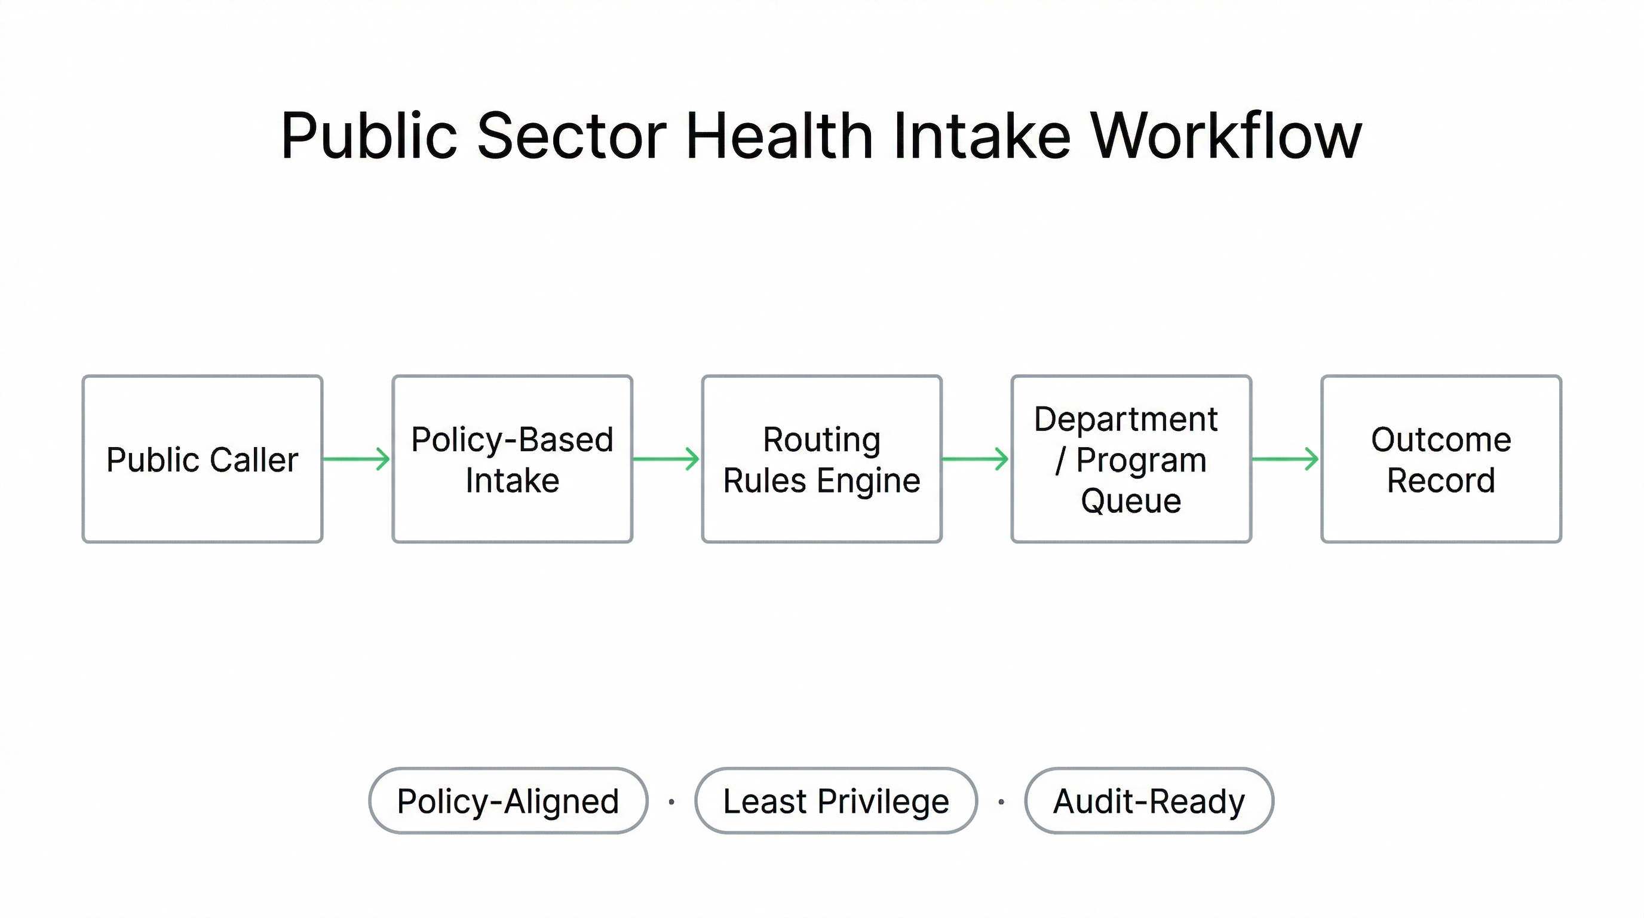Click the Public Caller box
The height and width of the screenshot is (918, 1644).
(203, 459)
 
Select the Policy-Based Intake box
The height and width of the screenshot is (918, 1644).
(512, 459)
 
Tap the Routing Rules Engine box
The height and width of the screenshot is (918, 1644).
(821, 459)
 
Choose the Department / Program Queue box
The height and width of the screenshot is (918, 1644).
(1131, 459)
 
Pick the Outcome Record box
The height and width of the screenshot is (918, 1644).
(1441, 459)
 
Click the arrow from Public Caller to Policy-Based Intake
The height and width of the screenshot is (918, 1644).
(357, 459)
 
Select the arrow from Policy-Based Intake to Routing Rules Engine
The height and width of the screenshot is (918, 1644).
(666, 459)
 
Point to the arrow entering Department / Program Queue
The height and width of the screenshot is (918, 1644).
(975, 459)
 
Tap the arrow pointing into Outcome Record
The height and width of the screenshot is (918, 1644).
(1285, 459)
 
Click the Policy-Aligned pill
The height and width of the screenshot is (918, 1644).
(508, 800)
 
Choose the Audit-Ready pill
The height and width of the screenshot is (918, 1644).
(1149, 800)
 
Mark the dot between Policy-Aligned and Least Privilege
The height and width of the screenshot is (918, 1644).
(671, 802)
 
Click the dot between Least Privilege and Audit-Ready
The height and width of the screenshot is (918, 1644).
(1001, 802)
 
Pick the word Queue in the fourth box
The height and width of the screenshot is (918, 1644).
(1131, 500)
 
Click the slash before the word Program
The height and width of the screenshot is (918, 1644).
(1061, 460)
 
